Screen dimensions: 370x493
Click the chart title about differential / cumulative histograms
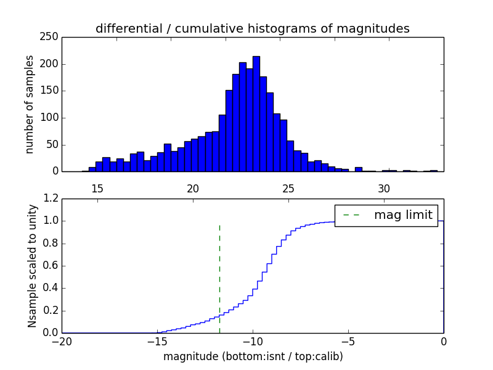click(252, 28)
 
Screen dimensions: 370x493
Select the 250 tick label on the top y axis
click(51, 37)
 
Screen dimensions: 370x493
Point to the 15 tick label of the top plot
click(97, 188)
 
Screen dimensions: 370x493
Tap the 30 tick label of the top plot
click(384, 188)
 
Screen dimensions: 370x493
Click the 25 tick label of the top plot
click(288, 188)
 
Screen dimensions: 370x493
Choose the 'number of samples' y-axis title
click(30, 104)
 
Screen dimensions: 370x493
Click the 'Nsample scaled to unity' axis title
click(32, 265)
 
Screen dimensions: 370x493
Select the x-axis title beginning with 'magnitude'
click(253, 356)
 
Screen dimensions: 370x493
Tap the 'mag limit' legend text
click(403, 215)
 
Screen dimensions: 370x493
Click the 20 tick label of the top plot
click(193, 188)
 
